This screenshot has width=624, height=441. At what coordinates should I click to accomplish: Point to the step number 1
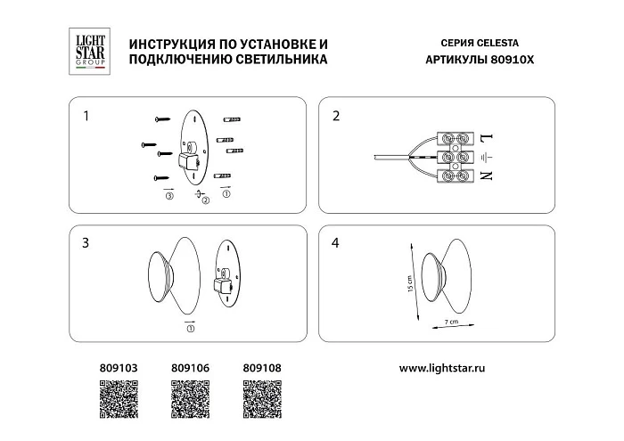pos(86,116)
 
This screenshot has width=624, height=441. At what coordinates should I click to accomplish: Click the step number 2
pos(335,116)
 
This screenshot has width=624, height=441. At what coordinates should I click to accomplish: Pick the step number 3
pos(86,241)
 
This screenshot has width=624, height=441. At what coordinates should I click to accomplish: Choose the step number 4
pos(335,241)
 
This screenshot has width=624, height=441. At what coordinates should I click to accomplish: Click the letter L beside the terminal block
pos(486,138)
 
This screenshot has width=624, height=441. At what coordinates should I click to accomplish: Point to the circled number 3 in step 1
pos(168,197)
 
